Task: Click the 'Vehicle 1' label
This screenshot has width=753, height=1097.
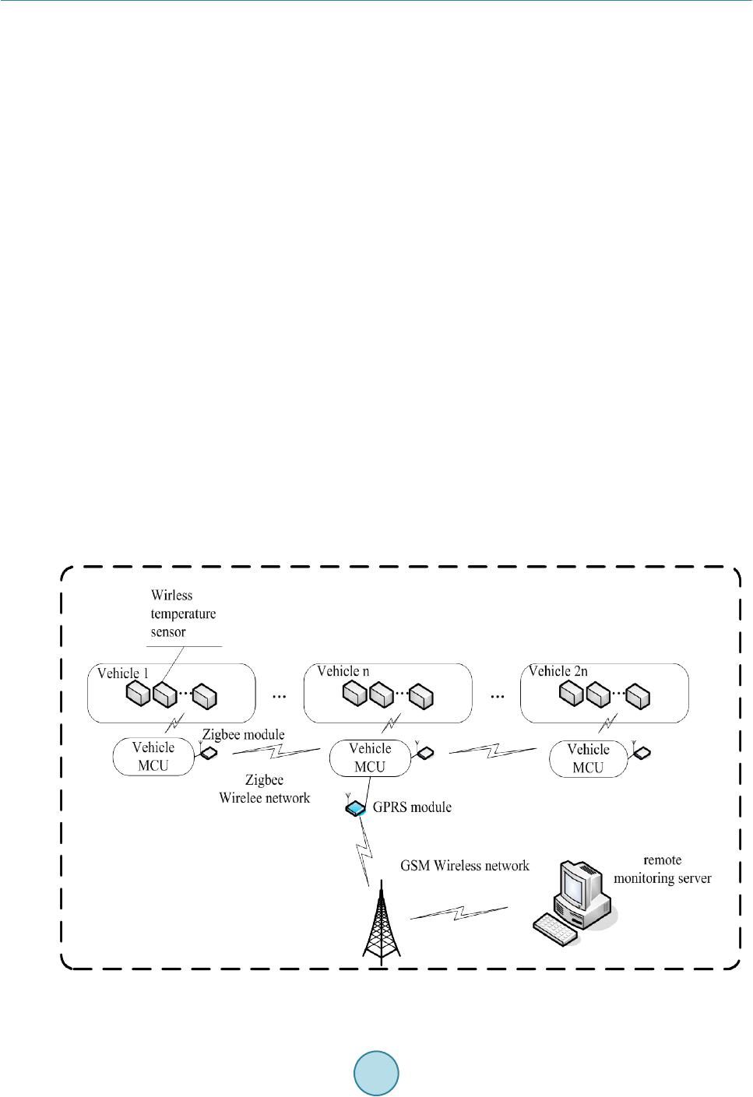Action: tap(122, 673)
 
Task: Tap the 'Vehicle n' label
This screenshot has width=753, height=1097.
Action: tap(343, 671)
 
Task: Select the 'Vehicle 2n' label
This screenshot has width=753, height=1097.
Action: tap(558, 671)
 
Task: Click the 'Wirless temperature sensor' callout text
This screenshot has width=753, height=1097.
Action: tap(183, 614)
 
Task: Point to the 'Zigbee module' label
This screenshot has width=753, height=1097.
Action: tap(244, 735)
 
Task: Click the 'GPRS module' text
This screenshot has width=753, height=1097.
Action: tap(412, 807)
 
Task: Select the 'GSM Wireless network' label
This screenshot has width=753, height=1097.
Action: tap(465, 866)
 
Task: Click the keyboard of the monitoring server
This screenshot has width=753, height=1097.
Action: tap(555, 929)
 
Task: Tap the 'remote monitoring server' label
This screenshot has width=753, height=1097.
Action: tap(663, 870)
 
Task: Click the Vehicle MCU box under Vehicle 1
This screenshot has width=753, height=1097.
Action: tap(153, 757)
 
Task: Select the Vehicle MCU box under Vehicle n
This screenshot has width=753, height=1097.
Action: tap(370, 758)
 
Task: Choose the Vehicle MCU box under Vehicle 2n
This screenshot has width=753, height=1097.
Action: tap(588, 758)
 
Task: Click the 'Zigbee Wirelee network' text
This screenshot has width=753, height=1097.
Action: tap(265, 789)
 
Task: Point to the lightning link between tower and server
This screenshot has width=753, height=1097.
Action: tap(459, 912)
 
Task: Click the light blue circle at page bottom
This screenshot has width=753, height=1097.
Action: tap(376, 1073)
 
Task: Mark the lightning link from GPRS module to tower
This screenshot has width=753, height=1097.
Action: tap(365, 852)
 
